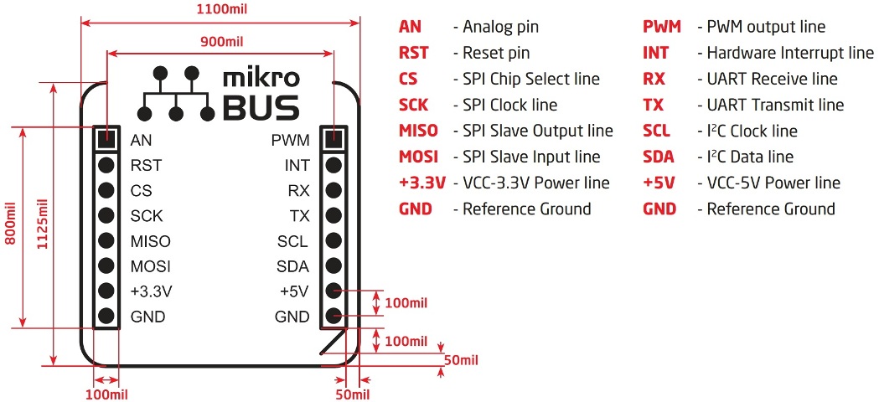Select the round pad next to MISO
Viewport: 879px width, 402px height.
[x=106, y=241]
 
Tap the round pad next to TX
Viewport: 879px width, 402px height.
[x=333, y=215]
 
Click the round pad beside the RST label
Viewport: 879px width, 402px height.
[x=106, y=165]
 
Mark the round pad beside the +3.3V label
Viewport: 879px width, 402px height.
[x=106, y=291]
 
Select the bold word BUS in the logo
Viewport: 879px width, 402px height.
[x=261, y=107]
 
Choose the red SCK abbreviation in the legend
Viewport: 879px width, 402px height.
[x=415, y=106]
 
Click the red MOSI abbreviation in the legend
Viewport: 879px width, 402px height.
[x=419, y=157]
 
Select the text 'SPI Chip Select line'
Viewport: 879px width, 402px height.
[x=531, y=80]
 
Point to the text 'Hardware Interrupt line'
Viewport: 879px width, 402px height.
[x=790, y=53]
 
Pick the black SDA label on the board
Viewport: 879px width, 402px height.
[x=292, y=266]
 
